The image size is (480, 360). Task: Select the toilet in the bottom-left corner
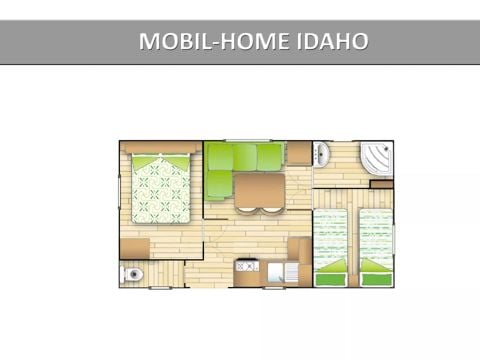click(x=134, y=272)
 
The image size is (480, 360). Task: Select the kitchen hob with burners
click(x=247, y=266)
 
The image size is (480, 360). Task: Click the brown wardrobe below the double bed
click(x=134, y=247)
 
